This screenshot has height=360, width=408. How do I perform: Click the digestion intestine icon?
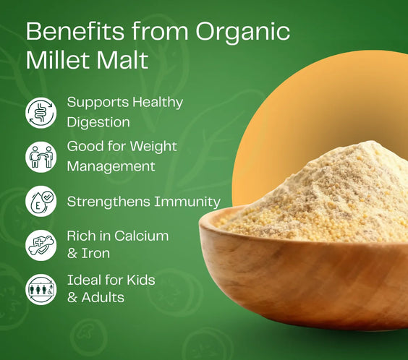(x=41, y=112)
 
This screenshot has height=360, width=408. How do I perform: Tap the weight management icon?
(x=41, y=156)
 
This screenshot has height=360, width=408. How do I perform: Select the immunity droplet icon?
(x=41, y=201)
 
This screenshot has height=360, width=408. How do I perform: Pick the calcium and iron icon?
(x=41, y=246)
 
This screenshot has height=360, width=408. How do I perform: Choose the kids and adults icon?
(x=41, y=289)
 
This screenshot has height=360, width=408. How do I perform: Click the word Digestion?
(x=98, y=122)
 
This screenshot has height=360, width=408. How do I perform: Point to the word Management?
(x=111, y=166)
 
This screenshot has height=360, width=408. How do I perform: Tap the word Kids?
(x=138, y=280)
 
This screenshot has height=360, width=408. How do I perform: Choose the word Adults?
(x=102, y=297)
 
